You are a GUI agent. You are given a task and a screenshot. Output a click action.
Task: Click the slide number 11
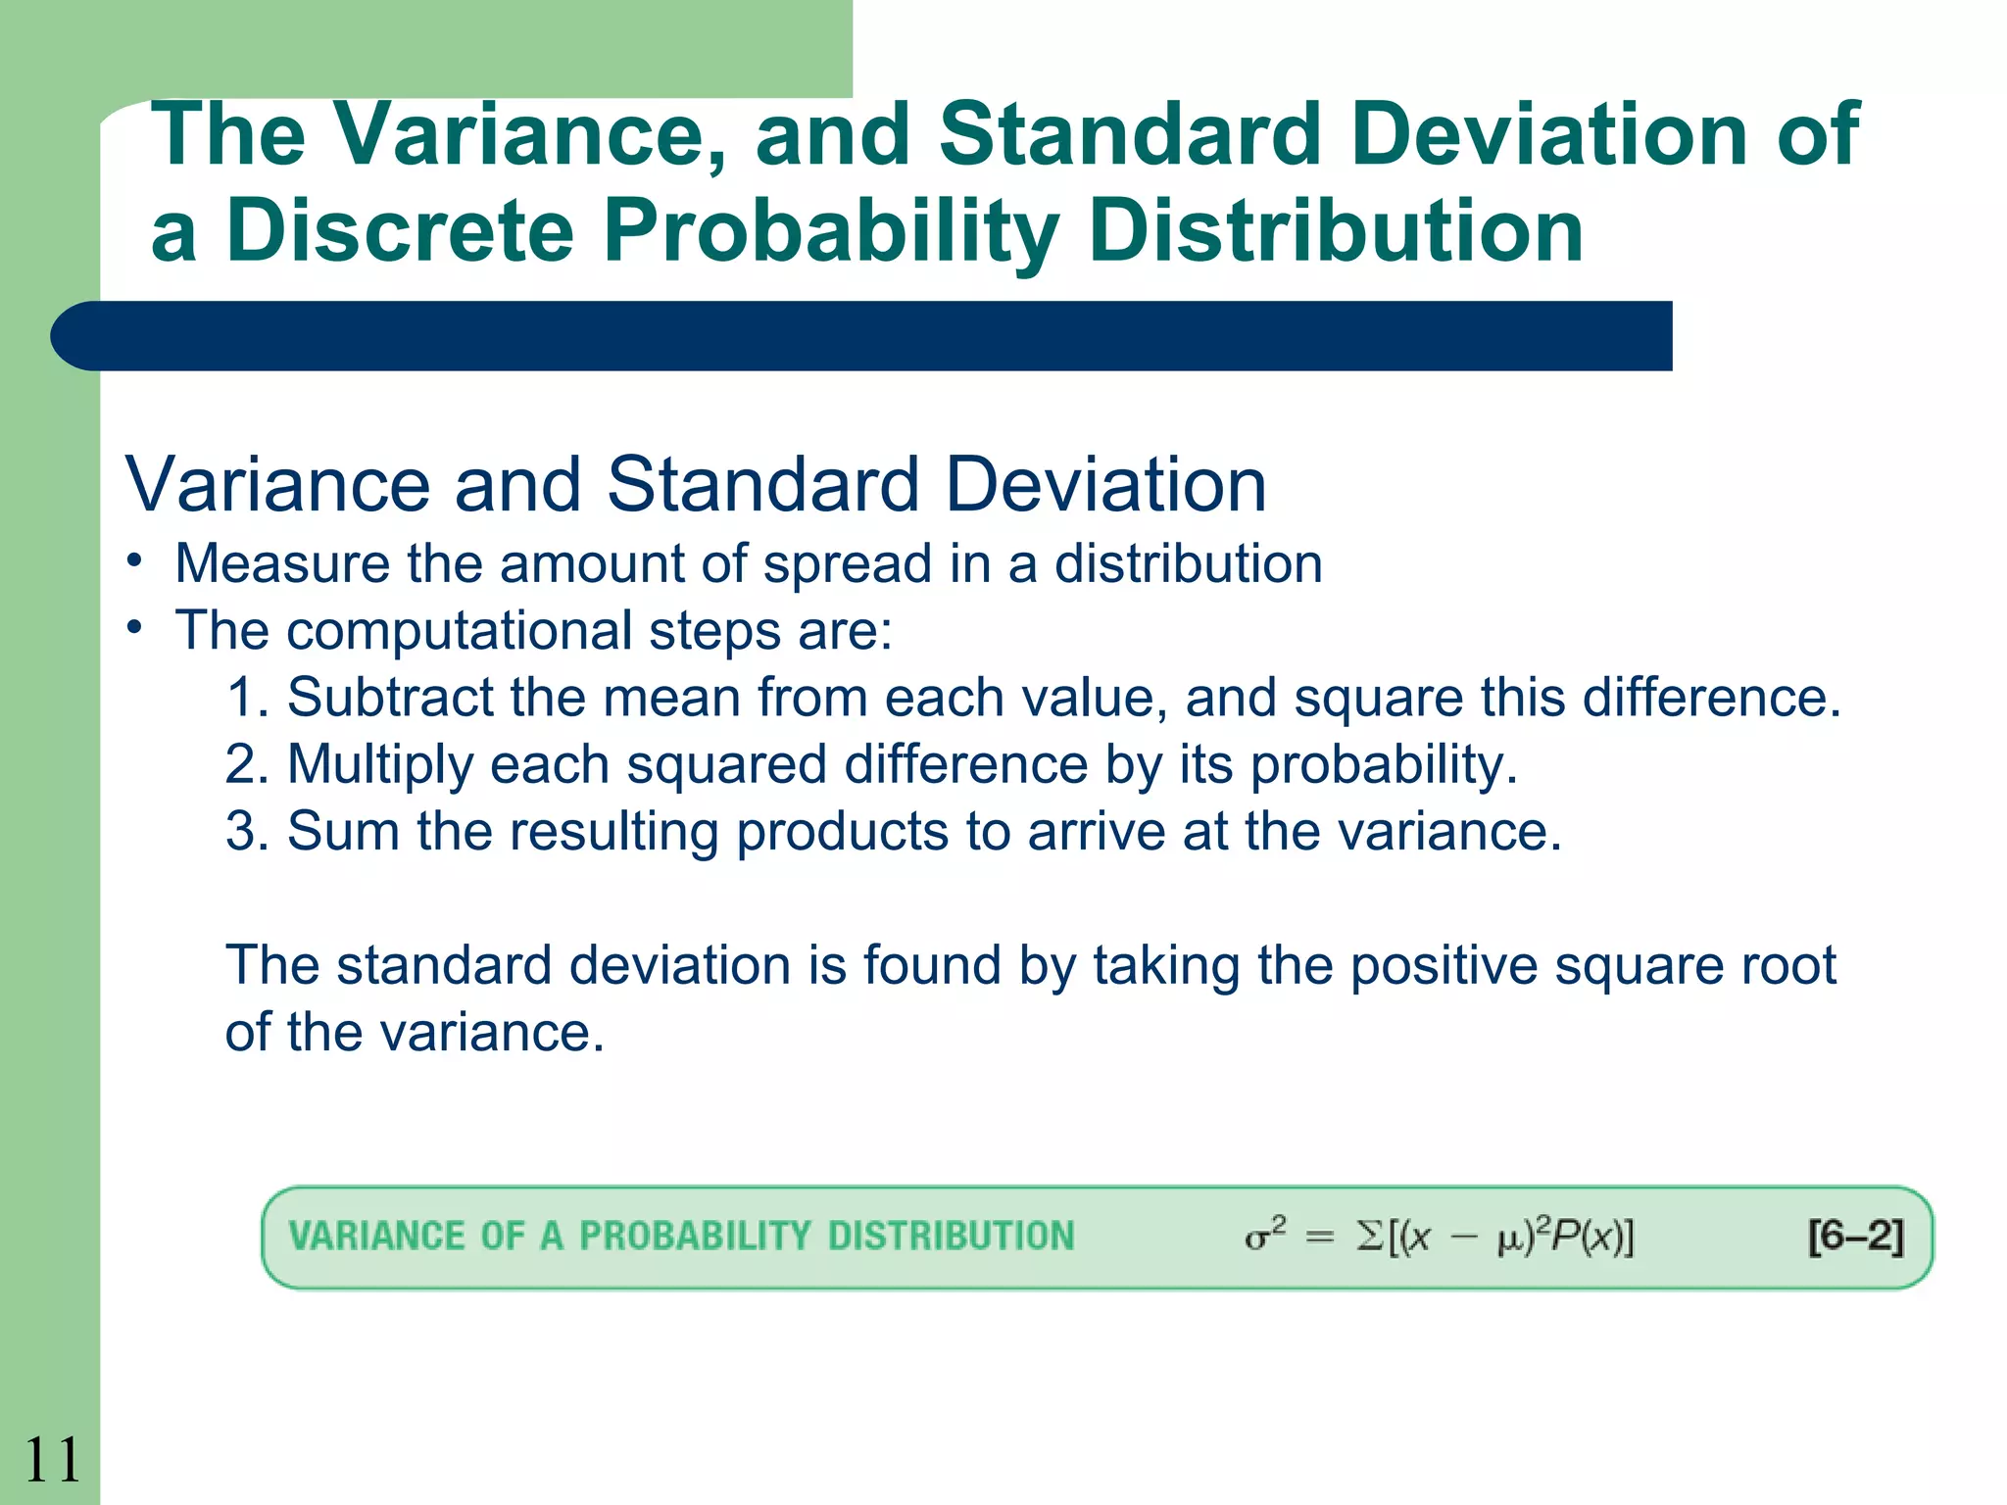51,1460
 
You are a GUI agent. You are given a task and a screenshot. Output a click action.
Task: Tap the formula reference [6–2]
1855,1237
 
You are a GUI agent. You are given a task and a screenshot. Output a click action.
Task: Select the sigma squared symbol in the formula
1264,1236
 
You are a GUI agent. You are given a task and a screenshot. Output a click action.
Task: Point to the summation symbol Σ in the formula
1370,1237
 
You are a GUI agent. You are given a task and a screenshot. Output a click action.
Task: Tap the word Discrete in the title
400,231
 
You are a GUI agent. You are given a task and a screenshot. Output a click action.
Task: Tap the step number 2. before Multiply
247,764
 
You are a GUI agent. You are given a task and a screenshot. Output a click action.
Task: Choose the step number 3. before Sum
247,831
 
